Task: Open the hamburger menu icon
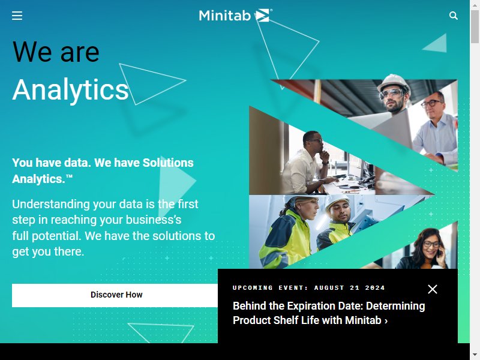click(17, 16)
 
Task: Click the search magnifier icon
click(454, 16)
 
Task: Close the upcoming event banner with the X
click(433, 289)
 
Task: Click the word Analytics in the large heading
click(70, 89)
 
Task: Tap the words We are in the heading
click(56, 52)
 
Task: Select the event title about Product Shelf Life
click(329, 313)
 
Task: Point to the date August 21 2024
click(349, 288)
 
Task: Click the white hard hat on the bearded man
click(393, 82)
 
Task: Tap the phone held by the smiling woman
click(439, 251)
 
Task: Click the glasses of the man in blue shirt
click(431, 103)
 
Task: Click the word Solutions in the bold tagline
click(168, 163)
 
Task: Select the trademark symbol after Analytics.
click(69, 176)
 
